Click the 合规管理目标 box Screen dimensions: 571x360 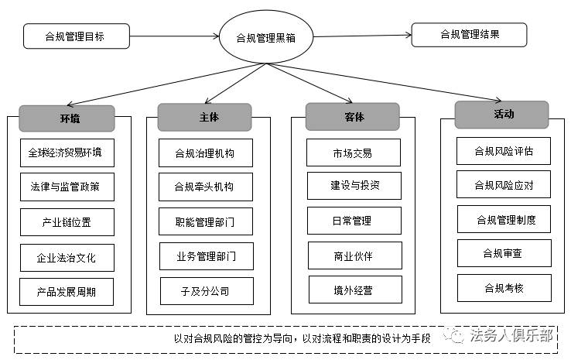tap(77, 36)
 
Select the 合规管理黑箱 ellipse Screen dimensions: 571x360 tap(266, 37)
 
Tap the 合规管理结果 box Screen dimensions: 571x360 tap(469, 35)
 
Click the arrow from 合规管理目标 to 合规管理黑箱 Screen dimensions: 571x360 tap(174, 36)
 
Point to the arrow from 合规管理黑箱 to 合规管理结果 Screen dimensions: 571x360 tap(362, 36)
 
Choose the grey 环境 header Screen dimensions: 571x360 tap(67, 118)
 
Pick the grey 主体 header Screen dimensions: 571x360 tap(205, 117)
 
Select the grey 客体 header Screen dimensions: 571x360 tap(353, 117)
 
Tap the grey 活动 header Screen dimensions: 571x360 tap(502, 115)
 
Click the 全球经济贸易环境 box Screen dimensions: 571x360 tap(67, 153)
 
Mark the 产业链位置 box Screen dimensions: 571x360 tap(67, 222)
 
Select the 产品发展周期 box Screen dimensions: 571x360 tap(67, 292)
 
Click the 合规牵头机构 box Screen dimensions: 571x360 tap(206, 187)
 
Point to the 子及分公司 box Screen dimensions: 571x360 tap(207, 291)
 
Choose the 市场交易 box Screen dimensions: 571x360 tap(354, 153)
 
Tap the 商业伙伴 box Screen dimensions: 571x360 tap(355, 255)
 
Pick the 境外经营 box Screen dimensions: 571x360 tap(355, 290)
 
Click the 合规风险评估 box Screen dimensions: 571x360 tap(504, 151)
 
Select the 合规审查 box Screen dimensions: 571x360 tap(504, 253)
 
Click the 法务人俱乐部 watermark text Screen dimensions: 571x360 tap(511, 335)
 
